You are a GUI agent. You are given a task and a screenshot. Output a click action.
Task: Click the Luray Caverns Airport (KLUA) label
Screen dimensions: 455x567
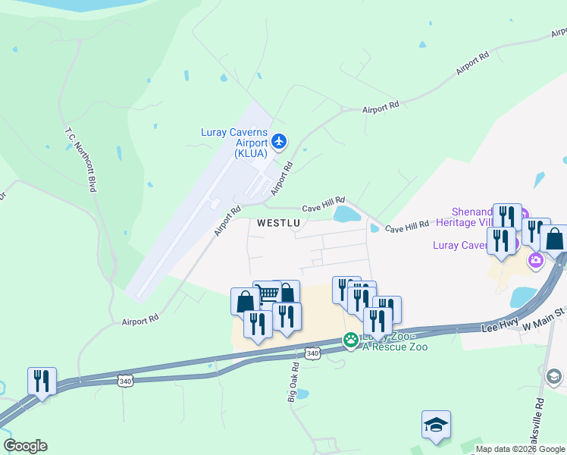coord(234,142)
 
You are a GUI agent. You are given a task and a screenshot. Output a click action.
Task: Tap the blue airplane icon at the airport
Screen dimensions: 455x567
coord(280,140)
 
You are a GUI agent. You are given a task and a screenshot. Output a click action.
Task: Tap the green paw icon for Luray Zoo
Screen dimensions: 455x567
coord(350,340)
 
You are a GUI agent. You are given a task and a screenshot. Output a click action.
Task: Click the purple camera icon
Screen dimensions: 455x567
coord(537,261)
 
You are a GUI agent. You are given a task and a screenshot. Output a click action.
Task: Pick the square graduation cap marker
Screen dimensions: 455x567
coord(437,424)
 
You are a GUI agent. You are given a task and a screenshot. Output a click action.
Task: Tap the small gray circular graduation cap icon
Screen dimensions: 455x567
coord(554,376)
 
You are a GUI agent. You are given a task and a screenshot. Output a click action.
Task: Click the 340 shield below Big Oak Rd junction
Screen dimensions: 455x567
coord(312,354)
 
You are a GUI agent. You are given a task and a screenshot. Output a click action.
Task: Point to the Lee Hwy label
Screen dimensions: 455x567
coord(500,325)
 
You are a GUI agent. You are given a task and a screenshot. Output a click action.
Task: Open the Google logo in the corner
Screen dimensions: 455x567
coord(25,446)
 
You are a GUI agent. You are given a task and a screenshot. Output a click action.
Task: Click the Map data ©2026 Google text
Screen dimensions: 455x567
coord(519,449)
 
